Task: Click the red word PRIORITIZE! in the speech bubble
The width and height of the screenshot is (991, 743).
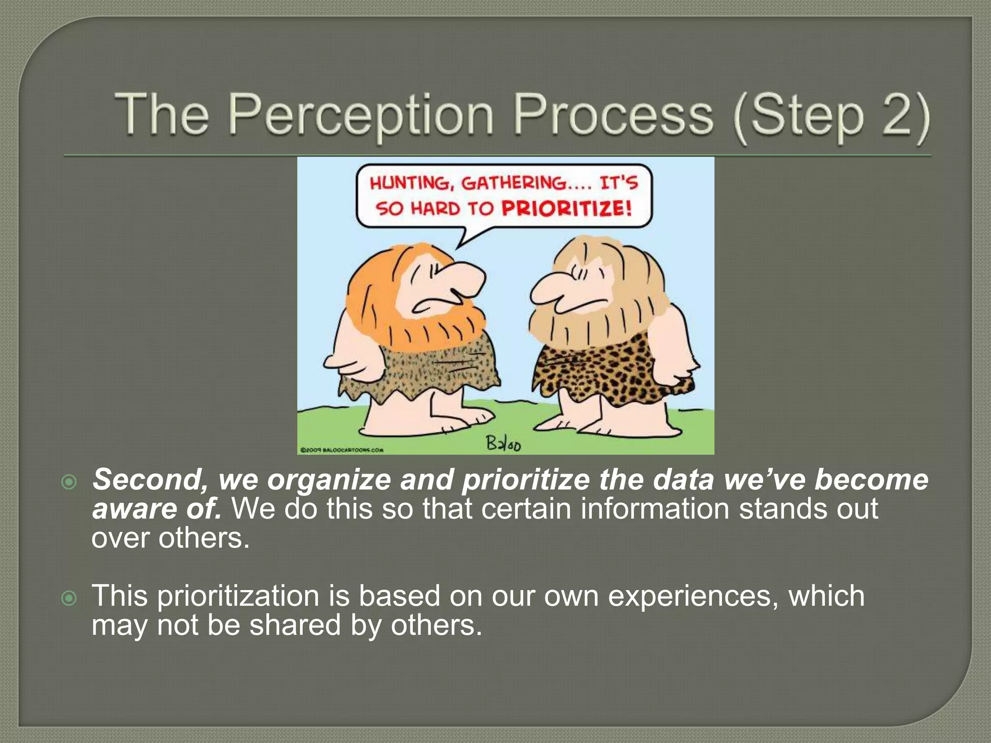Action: [x=566, y=209]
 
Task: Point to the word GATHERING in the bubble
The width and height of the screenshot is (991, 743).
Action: [x=513, y=183]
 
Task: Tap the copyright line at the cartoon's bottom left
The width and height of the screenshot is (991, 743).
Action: [x=342, y=450]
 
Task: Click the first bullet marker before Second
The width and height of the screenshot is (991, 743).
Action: [x=70, y=482]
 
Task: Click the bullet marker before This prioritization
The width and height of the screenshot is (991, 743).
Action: [x=70, y=598]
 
